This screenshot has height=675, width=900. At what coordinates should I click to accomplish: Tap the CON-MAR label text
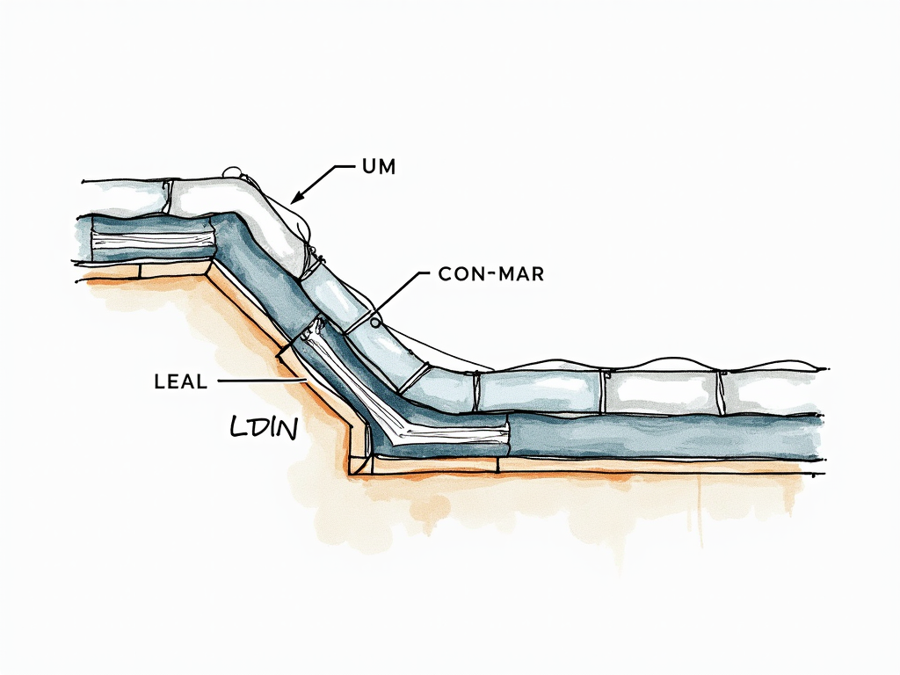[x=490, y=274]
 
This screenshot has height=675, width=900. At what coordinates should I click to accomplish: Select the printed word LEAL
[x=180, y=381]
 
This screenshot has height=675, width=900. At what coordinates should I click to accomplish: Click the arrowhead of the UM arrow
[x=297, y=197]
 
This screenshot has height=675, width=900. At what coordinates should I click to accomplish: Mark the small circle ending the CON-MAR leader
[x=375, y=322]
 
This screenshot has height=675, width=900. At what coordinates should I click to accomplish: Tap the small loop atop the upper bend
[x=233, y=171]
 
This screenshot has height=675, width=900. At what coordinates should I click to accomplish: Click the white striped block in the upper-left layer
[x=154, y=237]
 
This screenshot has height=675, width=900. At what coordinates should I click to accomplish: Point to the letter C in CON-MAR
[x=444, y=274]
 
